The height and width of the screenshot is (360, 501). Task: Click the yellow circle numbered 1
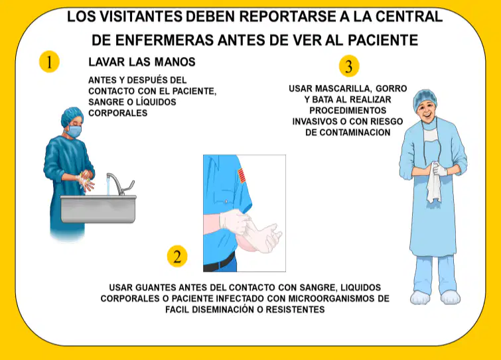pos(49,62)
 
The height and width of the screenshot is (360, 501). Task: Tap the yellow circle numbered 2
pos(177,257)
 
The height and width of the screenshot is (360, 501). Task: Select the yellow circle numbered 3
pos(349,66)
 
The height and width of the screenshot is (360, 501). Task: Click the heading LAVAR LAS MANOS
pos(142,62)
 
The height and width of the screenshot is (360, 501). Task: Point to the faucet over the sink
pos(119,184)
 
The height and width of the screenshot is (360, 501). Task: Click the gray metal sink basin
pos(98,209)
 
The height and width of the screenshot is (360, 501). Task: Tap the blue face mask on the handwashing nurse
pos(74,131)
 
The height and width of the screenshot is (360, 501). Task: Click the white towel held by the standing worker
pos(434,183)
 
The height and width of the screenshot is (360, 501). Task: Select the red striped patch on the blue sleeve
pos(242,176)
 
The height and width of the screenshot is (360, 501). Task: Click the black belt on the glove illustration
pos(220,263)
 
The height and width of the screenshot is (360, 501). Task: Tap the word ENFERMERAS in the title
pos(165,40)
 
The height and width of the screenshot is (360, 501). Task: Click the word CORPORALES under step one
pos(118,113)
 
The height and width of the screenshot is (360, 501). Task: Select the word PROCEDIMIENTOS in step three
pos(348,111)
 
